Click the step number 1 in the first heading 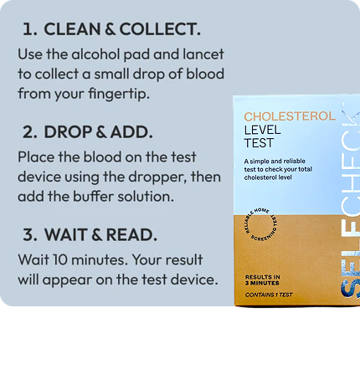click(28, 29)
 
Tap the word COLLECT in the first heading click(160, 29)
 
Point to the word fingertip click(119, 94)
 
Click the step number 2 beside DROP click(29, 132)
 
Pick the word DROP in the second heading click(69, 132)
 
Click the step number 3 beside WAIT click(30, 235)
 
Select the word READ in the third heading click(132, 235)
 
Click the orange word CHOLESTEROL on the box click(290, 116)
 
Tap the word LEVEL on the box click(262, 131)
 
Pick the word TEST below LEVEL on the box click(259, 143)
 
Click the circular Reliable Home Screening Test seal click(260, 224)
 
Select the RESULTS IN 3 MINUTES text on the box click(262, 280)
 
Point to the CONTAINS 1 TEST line click(269, 295)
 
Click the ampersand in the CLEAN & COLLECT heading click(111, 29)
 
